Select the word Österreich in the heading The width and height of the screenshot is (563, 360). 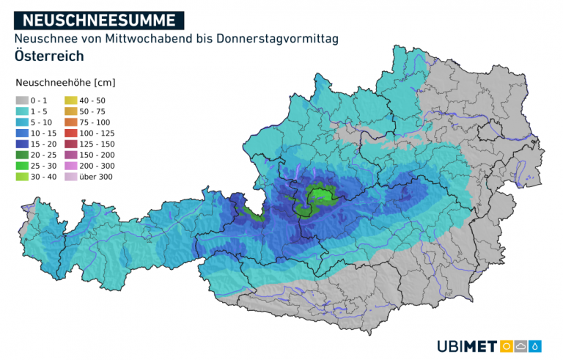(48, 56)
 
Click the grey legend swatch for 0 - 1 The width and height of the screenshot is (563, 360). (22, 100)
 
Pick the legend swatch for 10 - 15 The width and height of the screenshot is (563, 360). (22, 133)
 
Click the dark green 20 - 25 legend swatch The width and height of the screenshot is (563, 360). (22, 155)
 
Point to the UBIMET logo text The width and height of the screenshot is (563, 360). (467, 346)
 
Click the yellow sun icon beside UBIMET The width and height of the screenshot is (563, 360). (506, 346)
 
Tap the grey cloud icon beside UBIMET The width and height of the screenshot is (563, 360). (521, 346)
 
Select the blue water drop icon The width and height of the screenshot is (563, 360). (537, 346)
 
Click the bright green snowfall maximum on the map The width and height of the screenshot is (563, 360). (320, 195)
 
